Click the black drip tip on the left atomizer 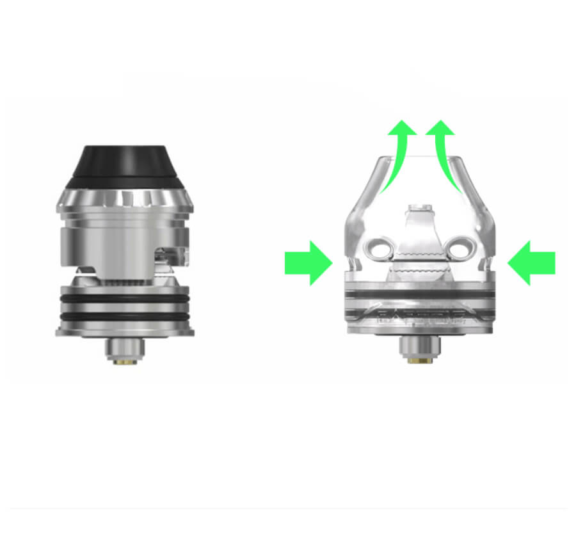125,163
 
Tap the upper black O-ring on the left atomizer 125,297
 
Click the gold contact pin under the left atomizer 125,362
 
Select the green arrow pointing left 531,262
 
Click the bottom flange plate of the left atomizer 125,331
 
